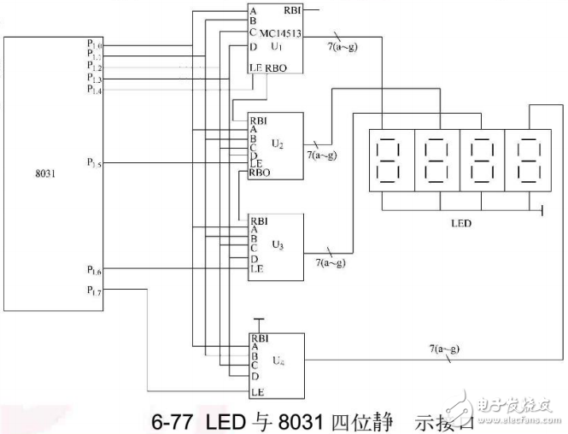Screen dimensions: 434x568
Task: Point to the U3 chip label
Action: pyautogui.click(x=278, y=244)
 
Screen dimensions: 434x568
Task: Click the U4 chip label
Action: pyautogui.click(x=278, y=361)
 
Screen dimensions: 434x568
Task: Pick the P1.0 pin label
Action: pyautogui.click(x=94, y=43)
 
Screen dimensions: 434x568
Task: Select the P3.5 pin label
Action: pyautogui.click(x=94, y=161)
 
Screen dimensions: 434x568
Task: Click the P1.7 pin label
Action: pyautogui.click(x=94, y=292)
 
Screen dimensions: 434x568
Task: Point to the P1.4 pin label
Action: pyautogui.click(x=94, y=89)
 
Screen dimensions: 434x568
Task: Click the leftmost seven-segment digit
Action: pyautogui.click(x=389, y=159)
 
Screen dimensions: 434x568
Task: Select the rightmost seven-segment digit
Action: pyautogui.click(x=525, y=159)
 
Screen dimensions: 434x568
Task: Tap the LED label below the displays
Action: pyautogui.click(x=462, y=222)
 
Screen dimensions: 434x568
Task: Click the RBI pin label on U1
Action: pyautogui.click(x=292, y=12)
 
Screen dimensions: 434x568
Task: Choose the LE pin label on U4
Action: pyautogui.click(x=256, y=391)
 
